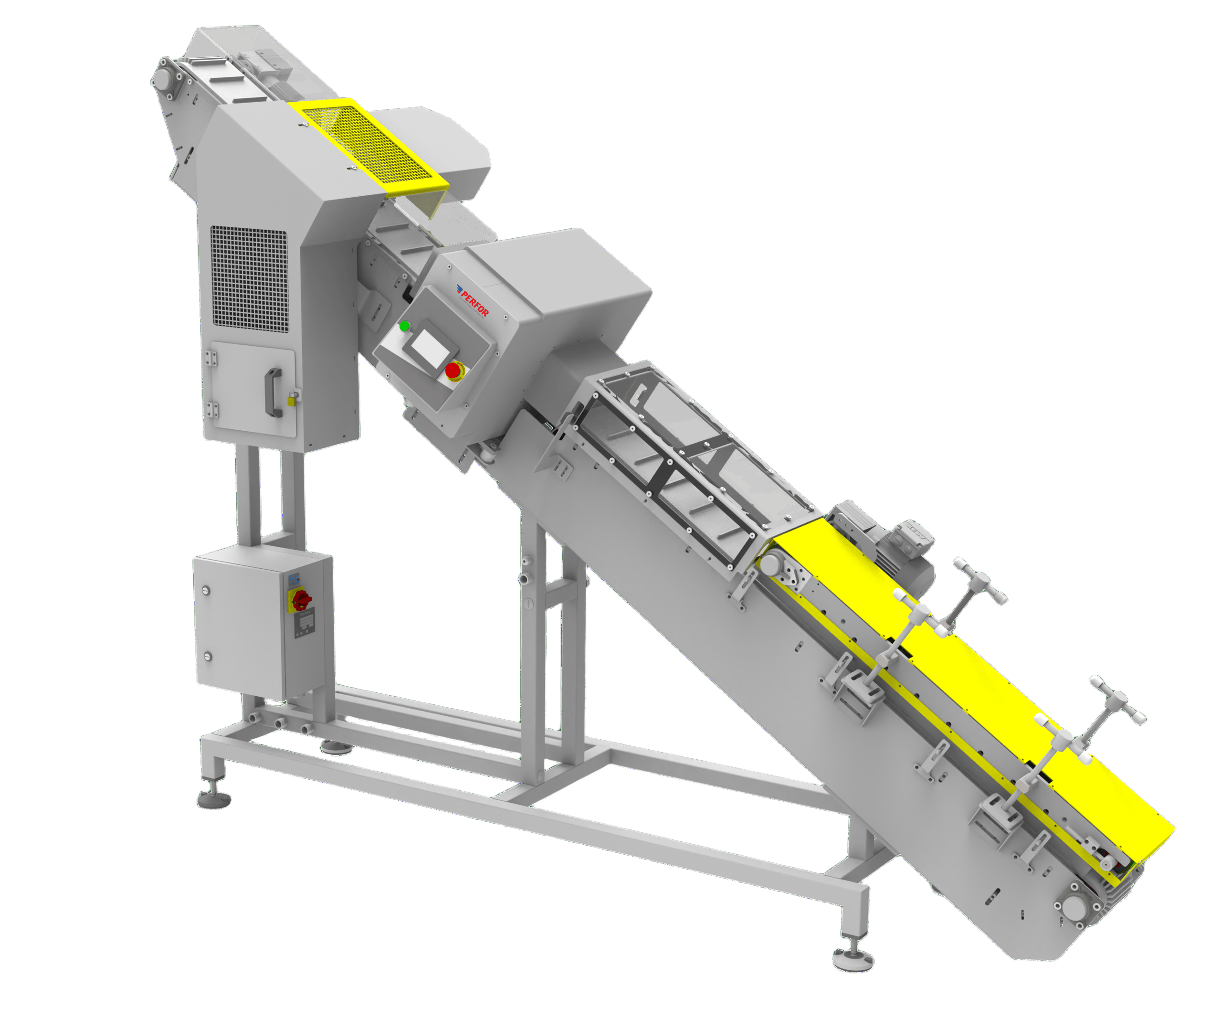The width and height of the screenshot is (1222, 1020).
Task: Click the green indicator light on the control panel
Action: click(404, 326)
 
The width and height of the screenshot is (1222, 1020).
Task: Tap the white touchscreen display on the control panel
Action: click(431, 348)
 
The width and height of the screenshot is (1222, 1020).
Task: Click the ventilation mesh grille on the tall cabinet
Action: click(249, 276)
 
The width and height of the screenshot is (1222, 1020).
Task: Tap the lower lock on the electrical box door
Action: click(207, 657)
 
